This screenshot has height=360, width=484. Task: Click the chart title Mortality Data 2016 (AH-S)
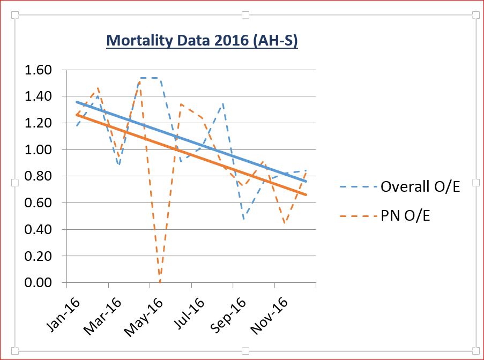click(202, 41)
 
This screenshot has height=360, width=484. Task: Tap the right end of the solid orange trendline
click(306, 194)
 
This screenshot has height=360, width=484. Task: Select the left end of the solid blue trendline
click(77, 102)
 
